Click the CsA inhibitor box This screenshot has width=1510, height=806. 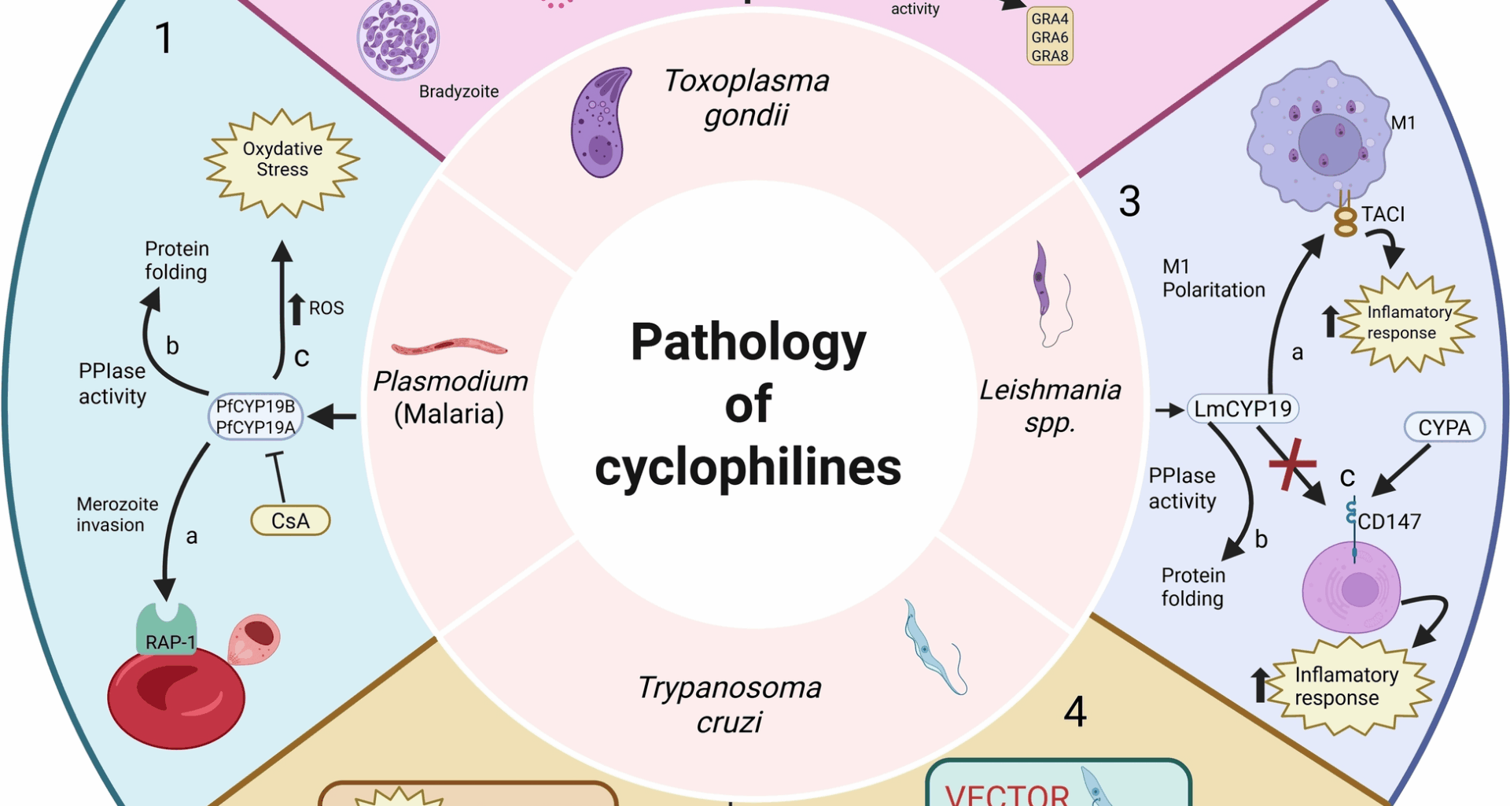coord(290,520)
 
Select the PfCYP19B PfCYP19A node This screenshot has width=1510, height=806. coord(256,416)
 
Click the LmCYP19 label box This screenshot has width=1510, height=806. coord(1243,409)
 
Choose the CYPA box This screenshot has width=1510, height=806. coord(1444,427)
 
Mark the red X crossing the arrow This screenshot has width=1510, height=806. coord(1291,464)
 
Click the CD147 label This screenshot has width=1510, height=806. coord(1389,521)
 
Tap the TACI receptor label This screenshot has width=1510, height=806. coord(1383,214)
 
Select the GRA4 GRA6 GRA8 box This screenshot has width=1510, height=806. coord(1050,37)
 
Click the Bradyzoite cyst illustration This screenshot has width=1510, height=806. coord(398,39)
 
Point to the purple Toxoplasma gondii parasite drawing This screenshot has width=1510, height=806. coord(600,122)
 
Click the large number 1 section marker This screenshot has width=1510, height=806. coord(164,38)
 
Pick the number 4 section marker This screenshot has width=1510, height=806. coord(1075,712)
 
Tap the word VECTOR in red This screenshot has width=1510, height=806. coord(1007,793)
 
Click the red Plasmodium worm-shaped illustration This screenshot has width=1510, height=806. coord(449,346)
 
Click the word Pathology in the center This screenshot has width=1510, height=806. coord(748,342)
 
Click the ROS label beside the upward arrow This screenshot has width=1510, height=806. coord(326,308)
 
